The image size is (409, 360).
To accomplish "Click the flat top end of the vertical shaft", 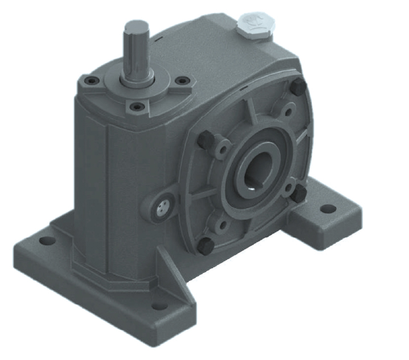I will (136, 26).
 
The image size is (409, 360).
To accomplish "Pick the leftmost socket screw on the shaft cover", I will (85, 81).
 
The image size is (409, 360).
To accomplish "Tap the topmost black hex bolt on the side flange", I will (297, 86).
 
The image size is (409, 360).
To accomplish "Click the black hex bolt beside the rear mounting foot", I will (298, 194).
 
